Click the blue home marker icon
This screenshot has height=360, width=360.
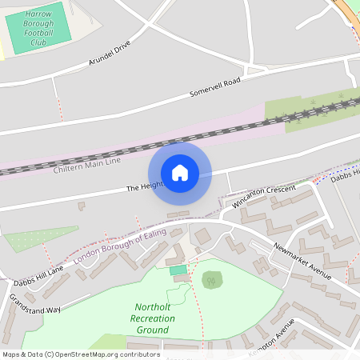(180, 173)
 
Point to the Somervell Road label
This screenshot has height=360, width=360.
(214, 88)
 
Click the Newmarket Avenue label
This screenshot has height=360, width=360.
(302, 262)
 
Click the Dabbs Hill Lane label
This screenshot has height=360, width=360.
(38, 276)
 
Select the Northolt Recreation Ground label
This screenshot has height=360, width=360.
(152, 318)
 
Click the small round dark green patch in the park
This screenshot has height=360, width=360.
(212, 279)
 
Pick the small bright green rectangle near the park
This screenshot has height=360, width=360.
(177, 270)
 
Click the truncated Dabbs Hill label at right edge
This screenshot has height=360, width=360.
(346, 178)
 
